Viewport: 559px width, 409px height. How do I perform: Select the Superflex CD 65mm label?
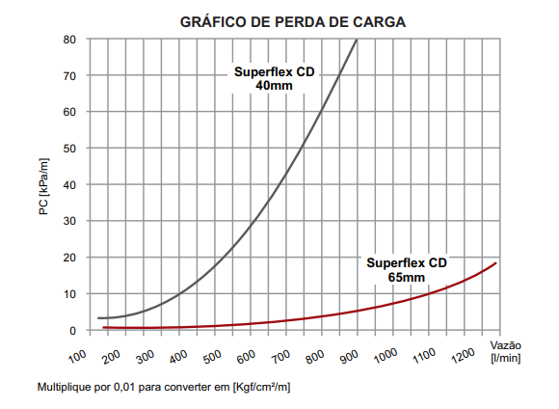[x=407, y=269]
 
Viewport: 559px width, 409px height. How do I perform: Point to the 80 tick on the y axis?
[x=69, y=40]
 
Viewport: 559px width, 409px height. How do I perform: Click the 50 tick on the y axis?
[x=69, y=149]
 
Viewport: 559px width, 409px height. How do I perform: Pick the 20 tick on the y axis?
[x=69, y=258]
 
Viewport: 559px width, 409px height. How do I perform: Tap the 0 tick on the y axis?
[x=72, y=331]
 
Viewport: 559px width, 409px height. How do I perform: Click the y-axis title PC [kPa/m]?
[x=43, y=185]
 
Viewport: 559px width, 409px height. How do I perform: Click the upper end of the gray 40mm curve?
[x=358, y=40]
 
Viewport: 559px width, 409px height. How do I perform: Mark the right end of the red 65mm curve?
[x=496, y=262]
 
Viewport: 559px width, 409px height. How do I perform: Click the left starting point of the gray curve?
[x=98, y=318]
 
